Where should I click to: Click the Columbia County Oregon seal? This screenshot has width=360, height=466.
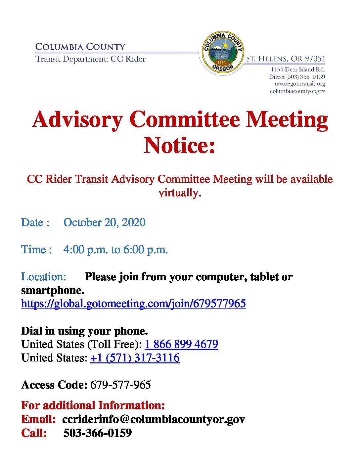222,53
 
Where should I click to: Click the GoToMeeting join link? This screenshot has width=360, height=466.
133,303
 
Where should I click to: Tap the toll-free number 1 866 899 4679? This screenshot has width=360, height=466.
181,344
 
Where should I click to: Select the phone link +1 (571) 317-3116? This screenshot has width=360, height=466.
135,358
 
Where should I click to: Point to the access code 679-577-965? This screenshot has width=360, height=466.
120,385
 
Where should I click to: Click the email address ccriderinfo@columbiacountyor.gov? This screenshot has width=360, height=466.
154,419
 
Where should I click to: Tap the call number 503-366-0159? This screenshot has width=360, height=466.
97,433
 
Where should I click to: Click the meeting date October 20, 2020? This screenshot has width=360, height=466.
104,222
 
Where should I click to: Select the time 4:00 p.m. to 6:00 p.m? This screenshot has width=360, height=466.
115,250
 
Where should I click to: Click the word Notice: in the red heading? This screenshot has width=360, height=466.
180,146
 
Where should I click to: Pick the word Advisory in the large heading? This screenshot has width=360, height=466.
77,119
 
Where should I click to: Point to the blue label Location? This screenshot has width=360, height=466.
44,277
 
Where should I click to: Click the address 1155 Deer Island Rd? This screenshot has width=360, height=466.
298,70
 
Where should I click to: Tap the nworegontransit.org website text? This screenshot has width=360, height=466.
300,84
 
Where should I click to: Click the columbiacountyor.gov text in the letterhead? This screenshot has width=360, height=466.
297,91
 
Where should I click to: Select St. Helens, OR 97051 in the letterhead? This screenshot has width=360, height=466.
286,59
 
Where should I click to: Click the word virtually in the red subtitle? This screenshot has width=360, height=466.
180,193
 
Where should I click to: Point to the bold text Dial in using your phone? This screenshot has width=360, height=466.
84,331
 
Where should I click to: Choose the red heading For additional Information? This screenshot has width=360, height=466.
93,405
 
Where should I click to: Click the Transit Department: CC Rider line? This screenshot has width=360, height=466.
90,59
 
